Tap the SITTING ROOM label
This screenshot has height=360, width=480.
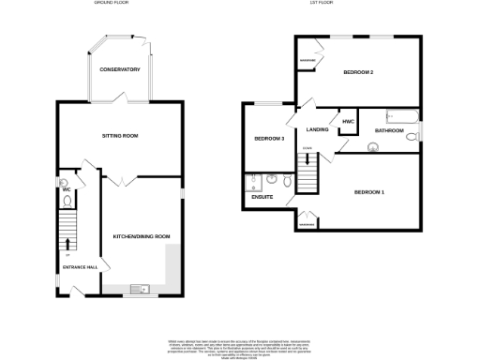coord(120,136)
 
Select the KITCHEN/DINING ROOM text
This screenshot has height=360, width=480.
coord(141,235)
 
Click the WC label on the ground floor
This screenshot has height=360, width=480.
coord(67,190)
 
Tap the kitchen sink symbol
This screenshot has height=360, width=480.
coord(137,288)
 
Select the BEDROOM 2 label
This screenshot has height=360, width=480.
coord(358,72)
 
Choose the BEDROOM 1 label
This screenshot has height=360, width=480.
coord(368,192)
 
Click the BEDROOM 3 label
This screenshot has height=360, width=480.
coord(269,139)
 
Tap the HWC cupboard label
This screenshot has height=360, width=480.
coord(347,123)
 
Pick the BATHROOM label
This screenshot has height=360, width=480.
coord(389,130)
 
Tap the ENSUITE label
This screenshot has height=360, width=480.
coord(262,197)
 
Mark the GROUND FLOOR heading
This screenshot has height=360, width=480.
coord(111,4)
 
